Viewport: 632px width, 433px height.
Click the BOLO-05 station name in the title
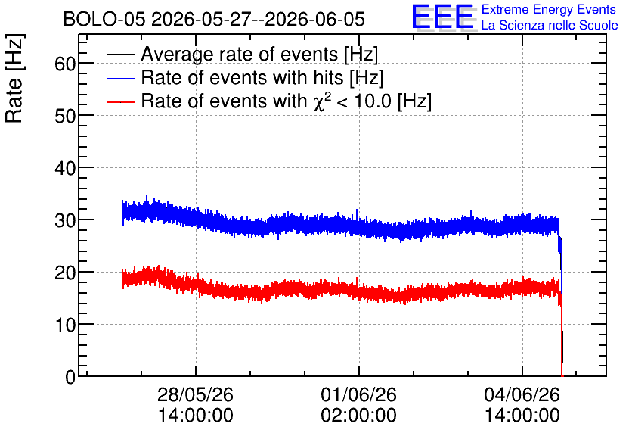pos(104,19)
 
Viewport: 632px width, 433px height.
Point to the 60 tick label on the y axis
pos(65,64)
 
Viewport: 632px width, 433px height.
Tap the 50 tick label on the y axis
pos(65,116)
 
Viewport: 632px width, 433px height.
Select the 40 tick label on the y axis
pos(65,168)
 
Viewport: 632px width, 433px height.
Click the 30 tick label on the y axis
pos(65,220)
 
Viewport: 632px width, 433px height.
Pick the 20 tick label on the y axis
pos(65,273)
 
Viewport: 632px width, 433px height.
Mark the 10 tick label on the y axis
pos(65,325)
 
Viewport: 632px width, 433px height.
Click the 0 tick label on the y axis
pos(70,377)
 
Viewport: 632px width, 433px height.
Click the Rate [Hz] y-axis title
pos(14,78)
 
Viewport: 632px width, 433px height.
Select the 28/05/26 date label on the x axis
pos(195,394)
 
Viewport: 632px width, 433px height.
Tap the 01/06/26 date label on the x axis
pos(359,394)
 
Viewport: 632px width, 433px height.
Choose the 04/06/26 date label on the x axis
pos(522,394)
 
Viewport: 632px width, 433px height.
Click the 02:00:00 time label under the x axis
pos(359,416)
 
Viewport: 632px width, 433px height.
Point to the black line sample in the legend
pos(120,55)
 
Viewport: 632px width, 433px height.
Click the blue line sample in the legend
pos(120,78)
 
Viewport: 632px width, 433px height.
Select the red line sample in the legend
pos(120,101)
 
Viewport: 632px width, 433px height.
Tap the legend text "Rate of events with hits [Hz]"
pos(262,77)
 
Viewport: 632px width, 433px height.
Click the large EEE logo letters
pos(444,17)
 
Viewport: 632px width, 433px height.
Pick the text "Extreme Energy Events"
pos(549,9)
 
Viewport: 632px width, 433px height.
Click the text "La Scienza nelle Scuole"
pos(550,26)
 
